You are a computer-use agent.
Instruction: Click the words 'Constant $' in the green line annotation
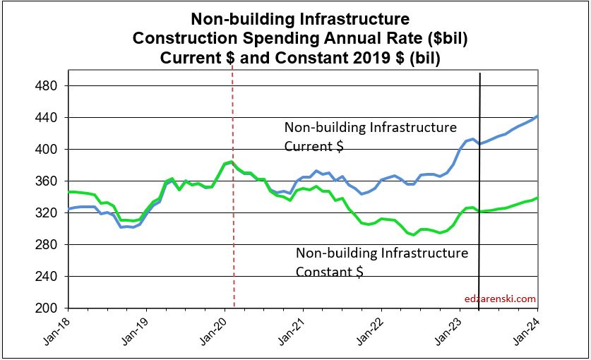pyautogui.click(x=330, y=271)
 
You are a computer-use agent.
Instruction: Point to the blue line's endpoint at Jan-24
pyautogui.click(x=537, y=116)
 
